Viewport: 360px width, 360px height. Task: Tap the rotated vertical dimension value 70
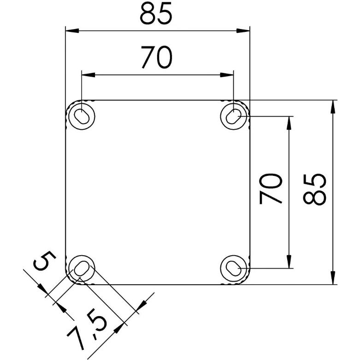[x=271, y=189]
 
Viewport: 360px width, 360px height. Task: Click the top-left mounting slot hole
[x=82, y=115]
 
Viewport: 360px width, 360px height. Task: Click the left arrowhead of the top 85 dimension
[x=71, y=31]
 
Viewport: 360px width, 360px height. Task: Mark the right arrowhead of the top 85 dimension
[x=244, y=31]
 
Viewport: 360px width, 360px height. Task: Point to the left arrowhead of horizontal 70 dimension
[x=87, y=74]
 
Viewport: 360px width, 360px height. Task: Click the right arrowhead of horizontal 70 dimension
[x=229, y=74]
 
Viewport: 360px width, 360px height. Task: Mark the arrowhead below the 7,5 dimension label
[x=121, y=325]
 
